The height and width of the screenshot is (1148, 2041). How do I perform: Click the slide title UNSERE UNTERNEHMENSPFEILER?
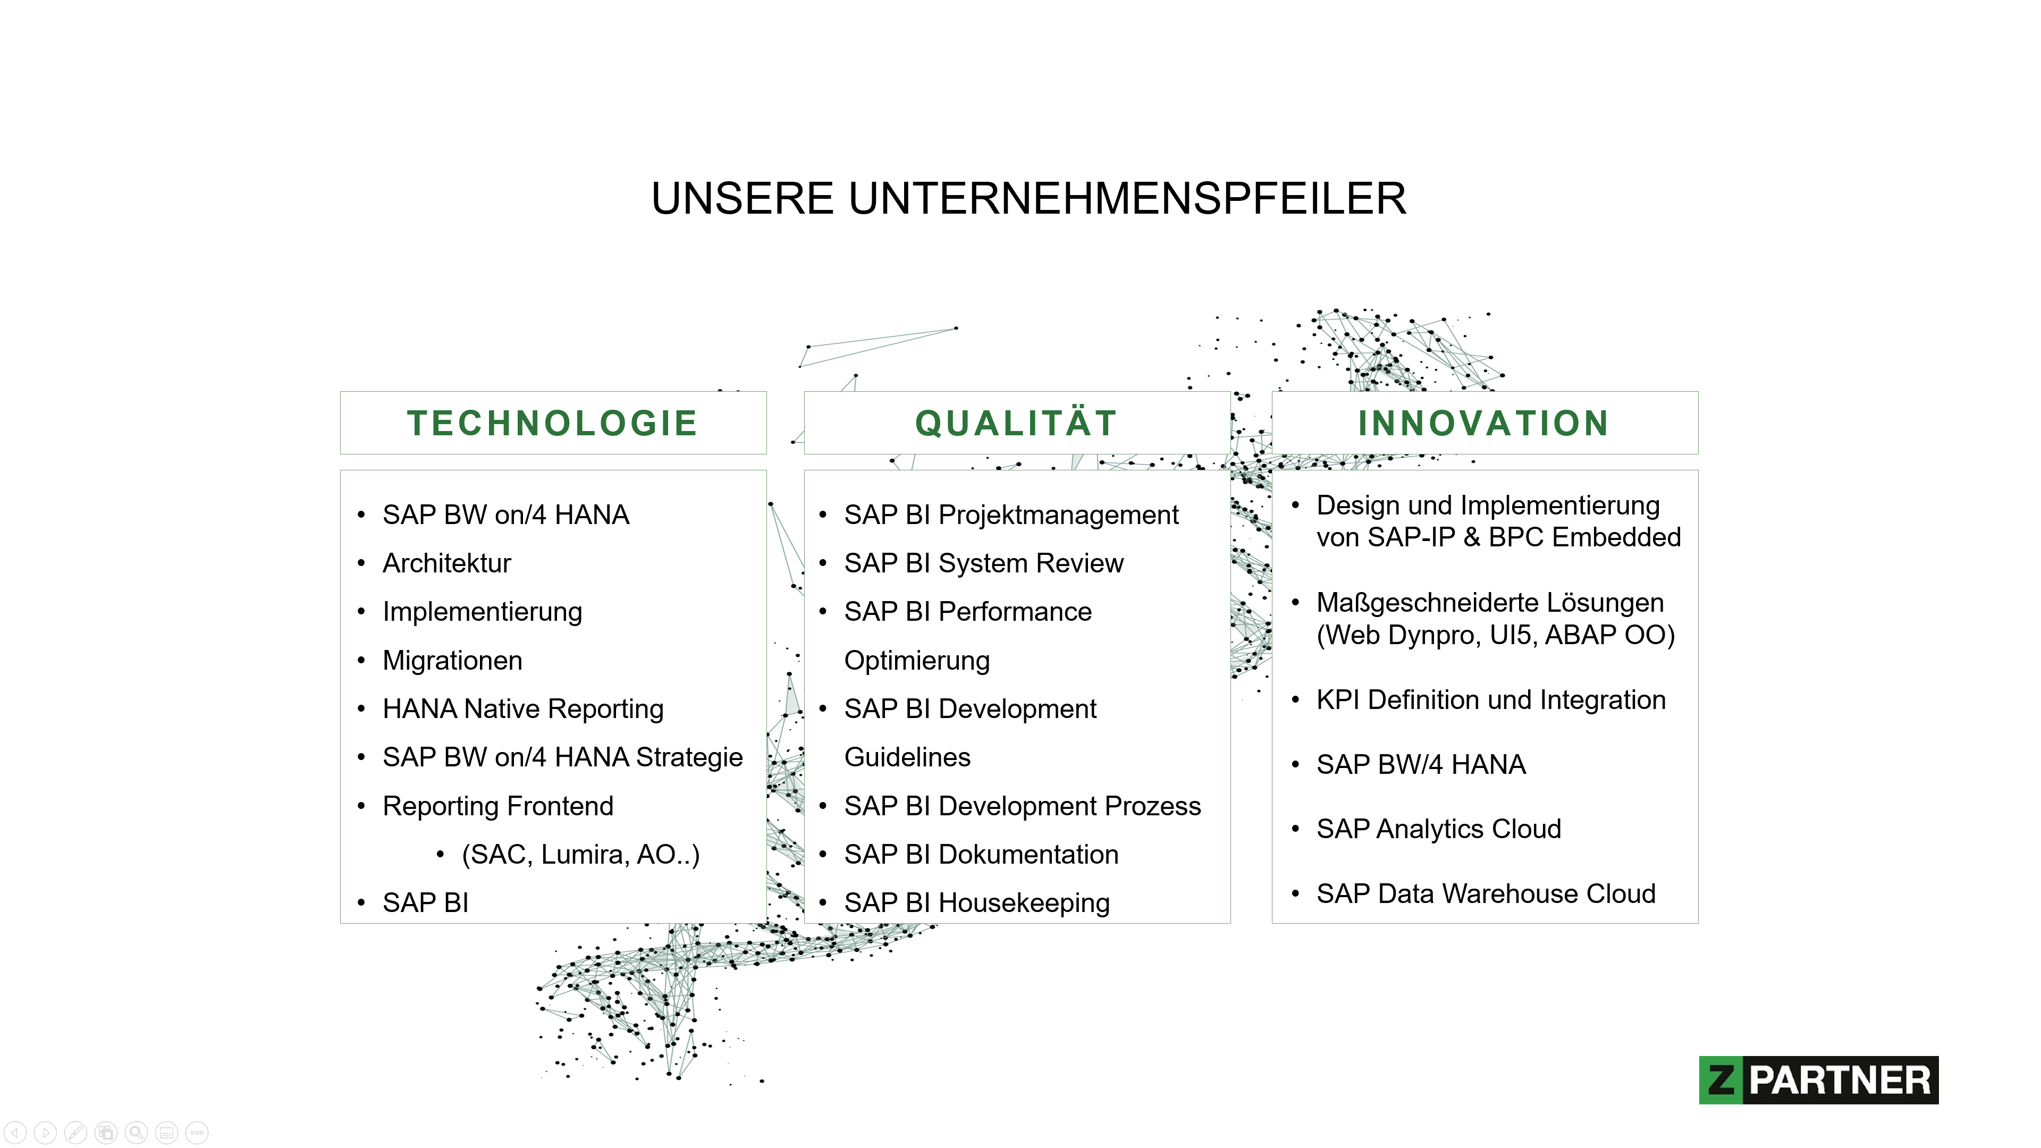coord(1028,198)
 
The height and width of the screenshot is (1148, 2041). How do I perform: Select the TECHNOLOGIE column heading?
coord(552,423)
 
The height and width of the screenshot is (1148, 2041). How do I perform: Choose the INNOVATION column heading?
coord(1483,423)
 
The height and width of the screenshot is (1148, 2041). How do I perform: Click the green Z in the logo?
coord(1721,1080)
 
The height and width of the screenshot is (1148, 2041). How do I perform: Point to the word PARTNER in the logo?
coord(1840,1081)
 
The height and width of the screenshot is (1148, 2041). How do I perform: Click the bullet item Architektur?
coord(447,563)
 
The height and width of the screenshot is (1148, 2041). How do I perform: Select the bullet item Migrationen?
coord(452,661)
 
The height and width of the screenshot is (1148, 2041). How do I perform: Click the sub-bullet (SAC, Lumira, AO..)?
coord(581,855)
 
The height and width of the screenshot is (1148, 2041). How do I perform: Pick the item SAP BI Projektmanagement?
coord(1011,516)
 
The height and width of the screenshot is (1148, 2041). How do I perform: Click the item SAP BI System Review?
coord(983,564)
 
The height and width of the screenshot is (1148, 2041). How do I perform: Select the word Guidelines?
coord(907,757)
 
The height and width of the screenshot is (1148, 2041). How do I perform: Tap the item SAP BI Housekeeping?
coord(977,903)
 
